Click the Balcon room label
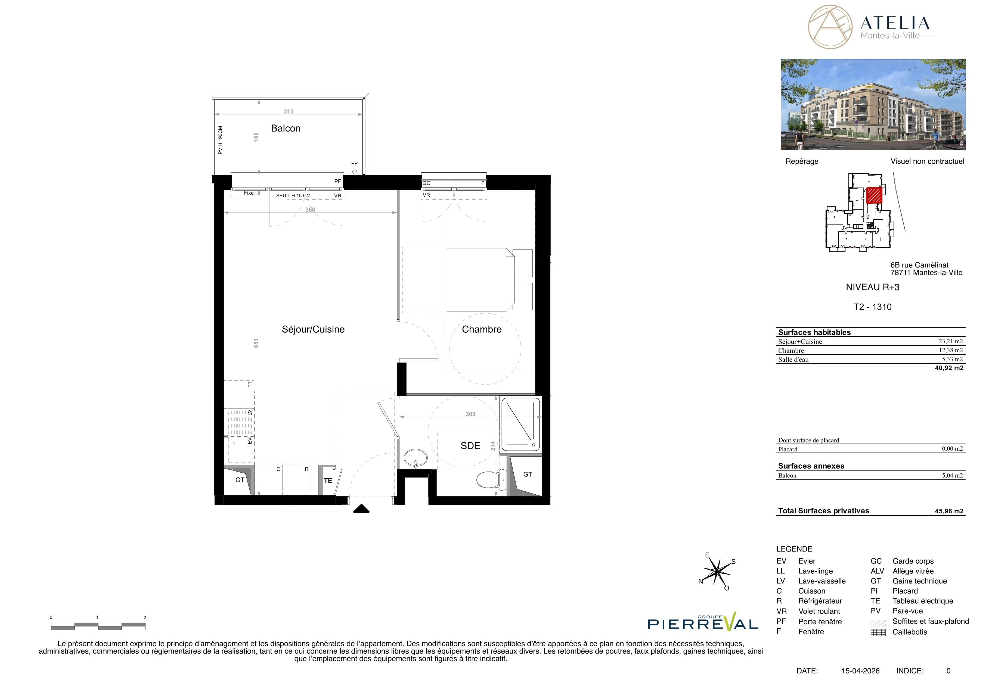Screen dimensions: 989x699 click(x=286, y=128)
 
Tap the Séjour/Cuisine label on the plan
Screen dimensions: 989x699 click(x=313, y=329)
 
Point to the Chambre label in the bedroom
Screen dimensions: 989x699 click(x=482, y=329)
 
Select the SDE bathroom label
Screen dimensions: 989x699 click(x=470, y=446)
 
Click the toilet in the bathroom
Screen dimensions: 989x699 click(x=491, y=479)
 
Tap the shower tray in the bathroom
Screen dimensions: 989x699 click(x=521, y=425)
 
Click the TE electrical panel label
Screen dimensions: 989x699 click(x=328, y=481)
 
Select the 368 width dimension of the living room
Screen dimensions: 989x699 click(x=310, y=210)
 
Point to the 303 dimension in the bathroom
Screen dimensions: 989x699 click(x=470, y=414)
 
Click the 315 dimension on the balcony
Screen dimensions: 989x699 click(x=288, y=111)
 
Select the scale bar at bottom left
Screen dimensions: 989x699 click(x=98, y=626)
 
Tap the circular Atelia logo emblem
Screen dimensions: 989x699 click(x=830, y=27)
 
